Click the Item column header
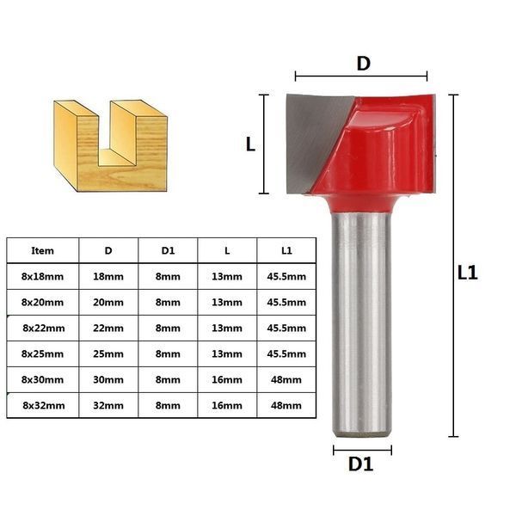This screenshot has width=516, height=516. click(x=42, y=251)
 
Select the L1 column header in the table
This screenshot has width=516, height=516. click(x=286, y=251)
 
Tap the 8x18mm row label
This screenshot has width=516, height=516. click(x=42, y=276)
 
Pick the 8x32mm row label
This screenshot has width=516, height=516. click(x=44, y=405)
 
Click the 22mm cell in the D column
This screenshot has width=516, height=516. click(x=108, y=329)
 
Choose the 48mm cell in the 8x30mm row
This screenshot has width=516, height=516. click(x=286, y=380)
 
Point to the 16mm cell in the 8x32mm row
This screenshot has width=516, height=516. click(x=227, y=405)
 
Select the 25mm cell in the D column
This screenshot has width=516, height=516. click(x=108, y=354)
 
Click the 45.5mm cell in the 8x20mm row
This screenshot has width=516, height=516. click(x=286, y=303)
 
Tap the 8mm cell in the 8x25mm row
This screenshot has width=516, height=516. click(x=168, y=354)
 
